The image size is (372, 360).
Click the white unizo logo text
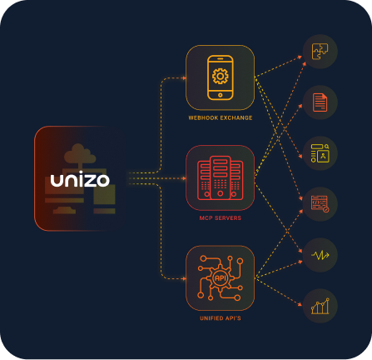coord(80,179)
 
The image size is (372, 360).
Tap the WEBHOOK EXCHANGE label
coord(221,117)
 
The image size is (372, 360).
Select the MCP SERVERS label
coord(221,218)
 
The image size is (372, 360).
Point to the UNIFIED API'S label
coord(221,318)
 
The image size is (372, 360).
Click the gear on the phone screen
coord(221,76)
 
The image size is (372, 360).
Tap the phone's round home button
coord(221,95)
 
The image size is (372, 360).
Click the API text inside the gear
coord(221,278)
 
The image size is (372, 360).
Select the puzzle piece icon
coord(320,52)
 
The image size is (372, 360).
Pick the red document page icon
coord(320,102)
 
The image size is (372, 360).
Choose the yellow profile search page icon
coord(320,153)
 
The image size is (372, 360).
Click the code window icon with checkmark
coord(320,204)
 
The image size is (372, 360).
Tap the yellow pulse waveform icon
coord(320,255)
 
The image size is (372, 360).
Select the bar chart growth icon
coord(320,306)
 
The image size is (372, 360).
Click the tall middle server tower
coord(221,177)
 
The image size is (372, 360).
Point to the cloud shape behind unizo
coord(80,153)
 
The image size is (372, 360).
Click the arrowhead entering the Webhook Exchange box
coord(184,78)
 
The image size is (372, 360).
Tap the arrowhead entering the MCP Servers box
coord(184,178)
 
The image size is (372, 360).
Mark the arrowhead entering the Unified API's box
coord(184,278)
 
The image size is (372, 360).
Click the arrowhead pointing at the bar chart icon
coord(300,304)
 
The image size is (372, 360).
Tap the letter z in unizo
coord(87,181)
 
